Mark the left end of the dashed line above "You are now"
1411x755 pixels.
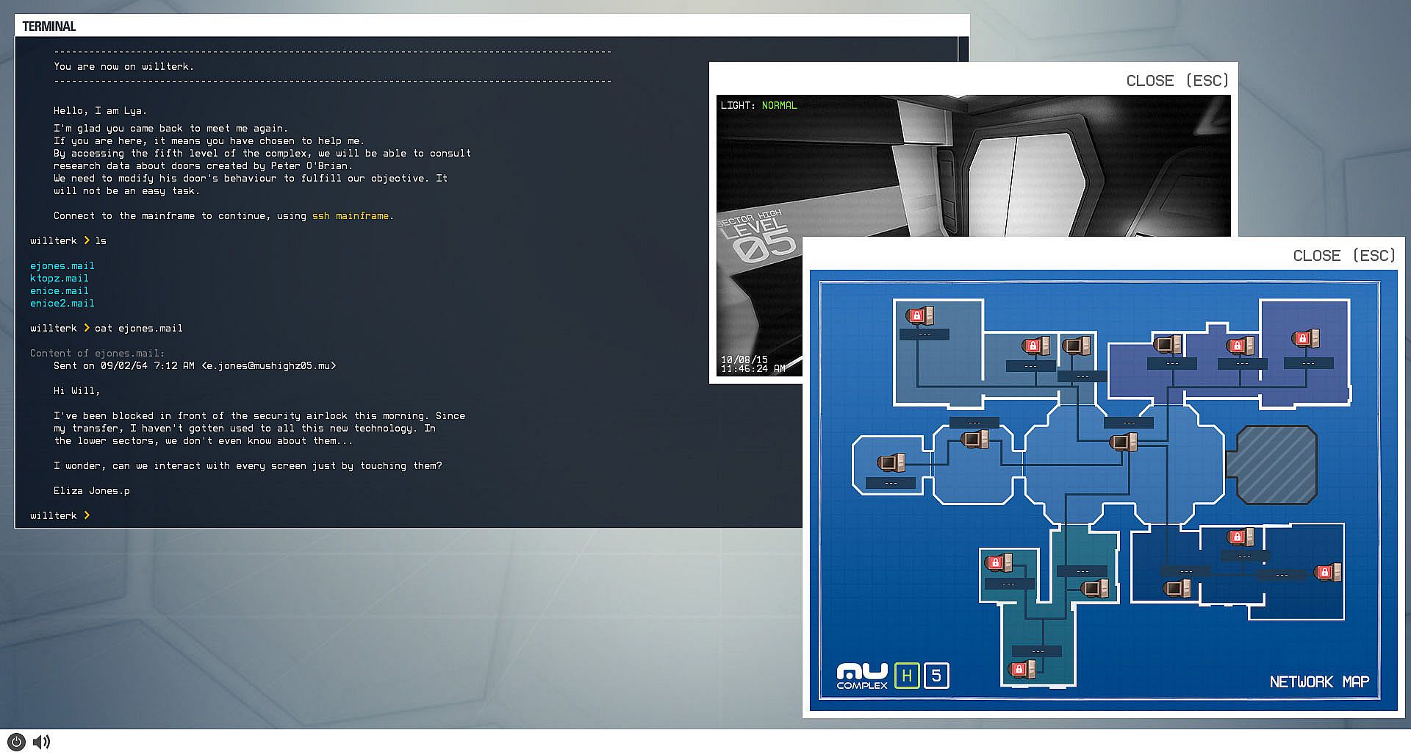pos(54,51)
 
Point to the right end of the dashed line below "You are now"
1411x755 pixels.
pos(611,81)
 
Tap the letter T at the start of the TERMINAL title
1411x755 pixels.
pos(26,26)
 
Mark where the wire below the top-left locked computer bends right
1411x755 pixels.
pos(917,387)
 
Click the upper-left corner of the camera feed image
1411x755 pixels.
pos(717,95)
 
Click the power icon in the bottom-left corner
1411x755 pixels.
pos(16,742)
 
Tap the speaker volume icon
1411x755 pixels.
pos(42,742)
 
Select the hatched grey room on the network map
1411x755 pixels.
pos(1277,465)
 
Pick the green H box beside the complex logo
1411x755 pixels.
pos(907,676)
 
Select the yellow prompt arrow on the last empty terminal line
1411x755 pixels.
pos(87,515)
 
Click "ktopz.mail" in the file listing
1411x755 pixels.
pos(60,279)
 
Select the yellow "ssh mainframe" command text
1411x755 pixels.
pos(351,216)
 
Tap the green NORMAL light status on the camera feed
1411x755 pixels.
pos(779,106)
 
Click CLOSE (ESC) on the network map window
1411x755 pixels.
pos(1344,256)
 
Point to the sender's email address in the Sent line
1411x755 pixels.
pos(269,366)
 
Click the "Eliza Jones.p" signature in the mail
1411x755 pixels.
pos(92,491)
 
